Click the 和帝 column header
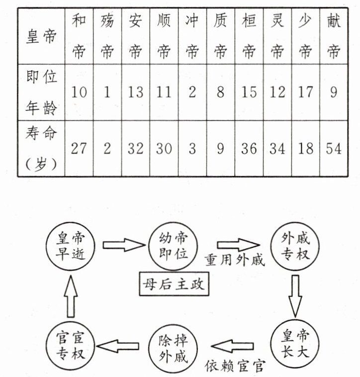79,35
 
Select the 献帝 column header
334,35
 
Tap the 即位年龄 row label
41,92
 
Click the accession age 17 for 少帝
305,92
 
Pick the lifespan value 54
334,149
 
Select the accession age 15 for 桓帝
249,92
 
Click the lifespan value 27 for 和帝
79,149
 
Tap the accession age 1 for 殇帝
107,92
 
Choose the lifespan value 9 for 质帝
220,149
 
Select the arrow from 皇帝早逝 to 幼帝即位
122,245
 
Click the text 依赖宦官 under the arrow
235,367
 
